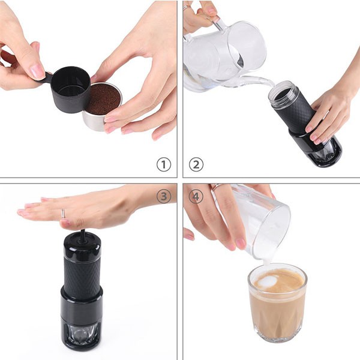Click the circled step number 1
(163, 164)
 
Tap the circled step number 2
(196, 164)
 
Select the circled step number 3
(163, 196)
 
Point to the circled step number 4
(196, 196)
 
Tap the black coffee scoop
(69, 89)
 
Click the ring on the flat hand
(63, 214)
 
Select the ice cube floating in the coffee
(268, 280)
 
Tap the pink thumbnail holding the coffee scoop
(37, 71)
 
